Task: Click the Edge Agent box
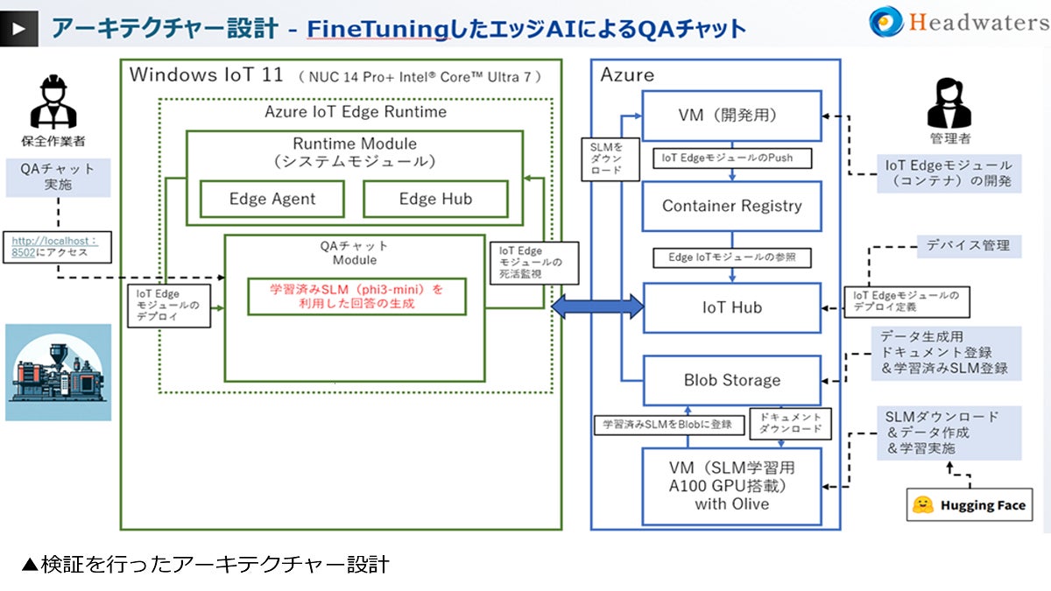point(272,199)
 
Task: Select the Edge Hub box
point(435,199)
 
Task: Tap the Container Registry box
point(731,206)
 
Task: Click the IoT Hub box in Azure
point(732,307)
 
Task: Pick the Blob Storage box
point(731,380)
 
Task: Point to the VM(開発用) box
point(731,115)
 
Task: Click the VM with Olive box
point(731,486)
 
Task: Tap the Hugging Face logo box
point(968,505)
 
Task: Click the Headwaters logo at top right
point(960,22)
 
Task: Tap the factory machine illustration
point(59,372)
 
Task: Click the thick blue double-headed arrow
point(597,306)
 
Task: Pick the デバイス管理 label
point(968,245)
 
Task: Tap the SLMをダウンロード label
point(606,157)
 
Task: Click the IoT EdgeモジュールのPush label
point(732,158)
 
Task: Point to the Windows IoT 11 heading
point(207,74)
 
